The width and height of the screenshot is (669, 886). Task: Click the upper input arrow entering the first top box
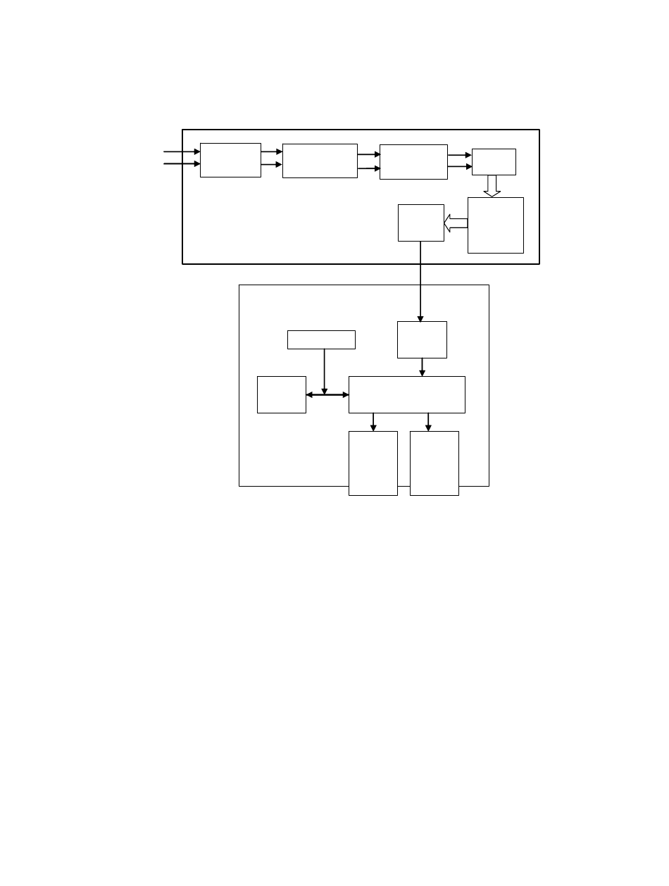[x=182, y=151]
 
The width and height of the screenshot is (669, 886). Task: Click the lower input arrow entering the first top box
[x=182, y=164]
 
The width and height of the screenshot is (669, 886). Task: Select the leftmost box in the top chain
[x=230, y=160]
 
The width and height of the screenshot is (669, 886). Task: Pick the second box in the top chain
[x=320, y=161]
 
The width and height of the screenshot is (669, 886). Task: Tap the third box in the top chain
[x=413, y=161]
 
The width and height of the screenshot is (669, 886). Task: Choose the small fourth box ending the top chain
[x=494, y=161]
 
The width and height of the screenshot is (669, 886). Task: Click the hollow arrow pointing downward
[x=492, y=186]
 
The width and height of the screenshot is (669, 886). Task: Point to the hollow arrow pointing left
[x=456, y=224]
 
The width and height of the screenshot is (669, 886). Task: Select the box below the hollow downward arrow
[x=496, y=225]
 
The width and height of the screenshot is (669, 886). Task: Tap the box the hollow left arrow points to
[x=421, y=223]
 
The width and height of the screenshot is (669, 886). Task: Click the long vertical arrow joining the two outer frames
[x=420, y=282]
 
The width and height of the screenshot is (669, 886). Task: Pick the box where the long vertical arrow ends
[x=422, y=339]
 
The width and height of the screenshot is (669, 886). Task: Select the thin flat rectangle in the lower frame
[x=321, y=339]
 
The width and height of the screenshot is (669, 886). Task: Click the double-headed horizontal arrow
[x=327, y=394]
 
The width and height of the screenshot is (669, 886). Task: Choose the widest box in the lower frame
[x=407, y=394]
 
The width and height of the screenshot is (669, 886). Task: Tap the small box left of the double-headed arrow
[x=282, y=394]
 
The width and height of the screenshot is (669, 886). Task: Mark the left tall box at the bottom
[x=373, y=463]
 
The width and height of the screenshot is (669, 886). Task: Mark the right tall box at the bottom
[x=434, y=463]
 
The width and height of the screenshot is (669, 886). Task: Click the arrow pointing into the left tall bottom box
[x=373, y=421]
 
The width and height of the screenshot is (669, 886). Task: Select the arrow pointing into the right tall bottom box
[x=428, y=421]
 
